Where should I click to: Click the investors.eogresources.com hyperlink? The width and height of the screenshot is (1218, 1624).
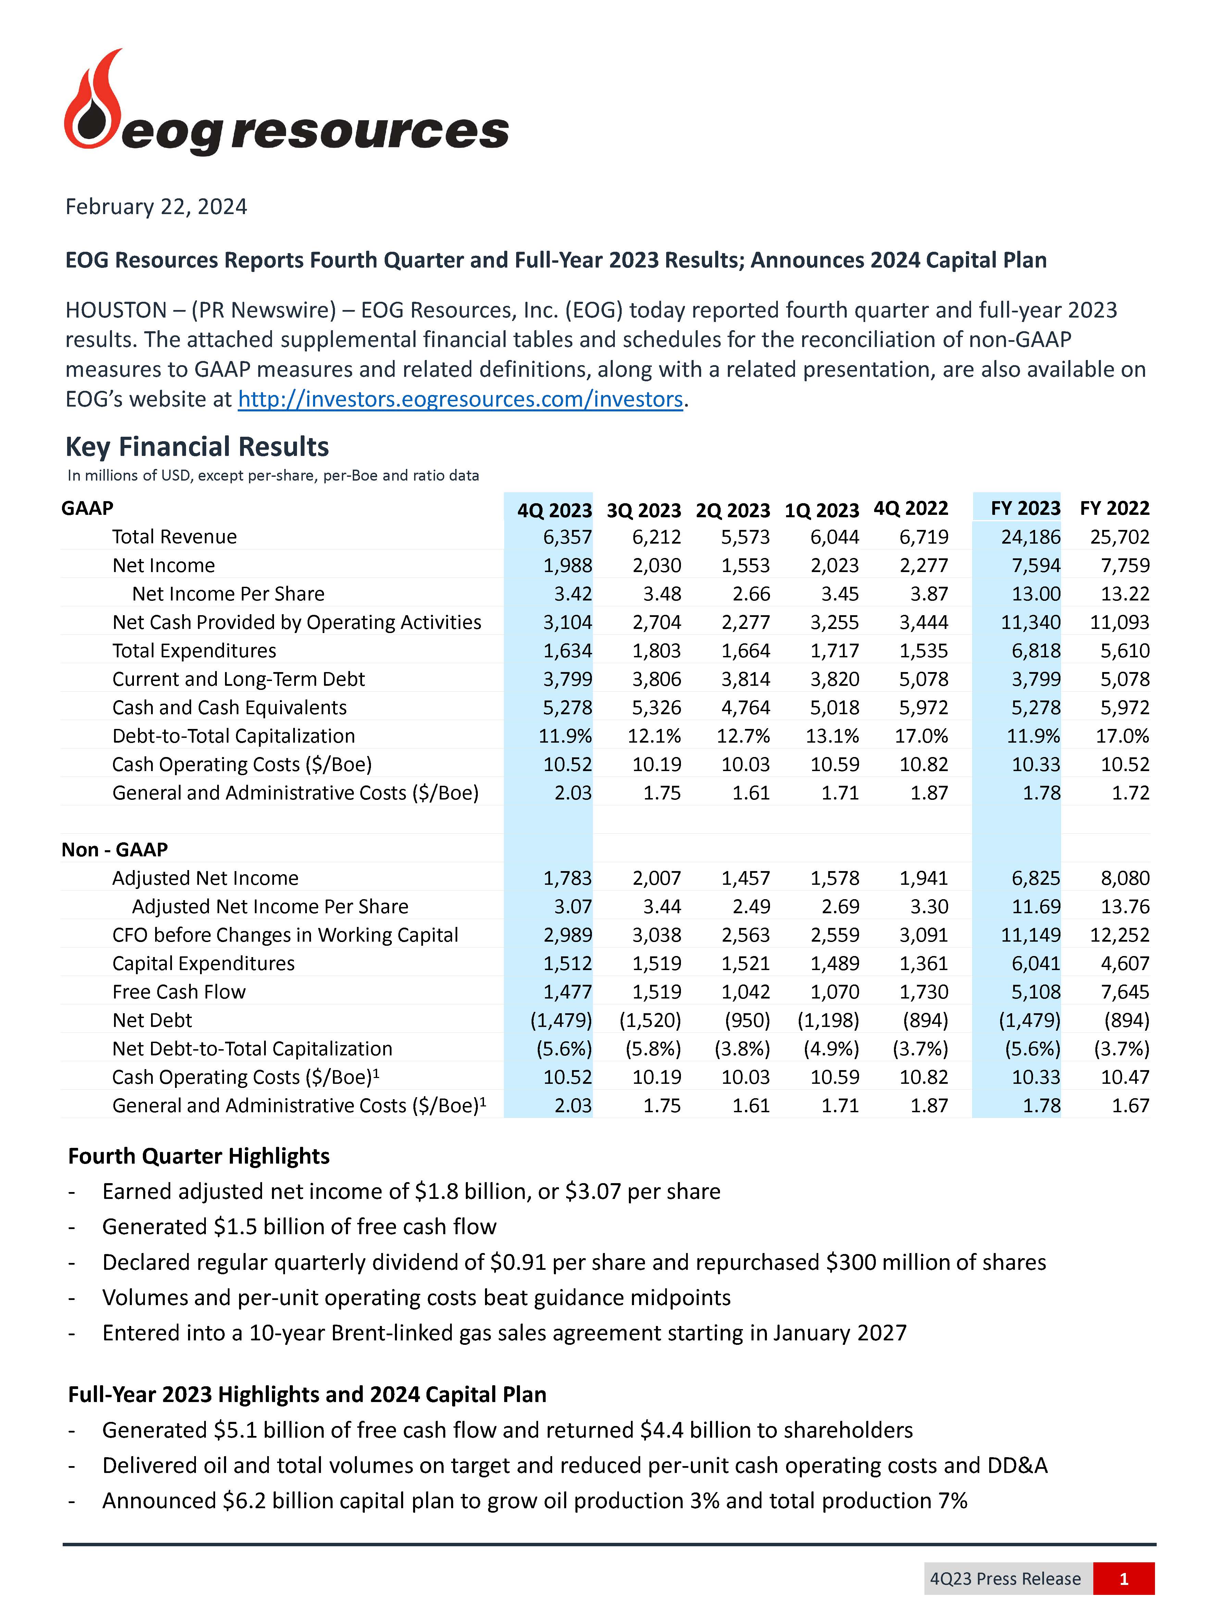(x=460, y=399)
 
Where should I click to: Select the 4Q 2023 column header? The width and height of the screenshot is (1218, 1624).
(x=554, y=509)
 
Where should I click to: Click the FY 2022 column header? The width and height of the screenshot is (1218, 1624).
(x=1114, y=508)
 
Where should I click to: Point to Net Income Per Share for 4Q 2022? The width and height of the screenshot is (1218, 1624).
(x=929, y=594)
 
